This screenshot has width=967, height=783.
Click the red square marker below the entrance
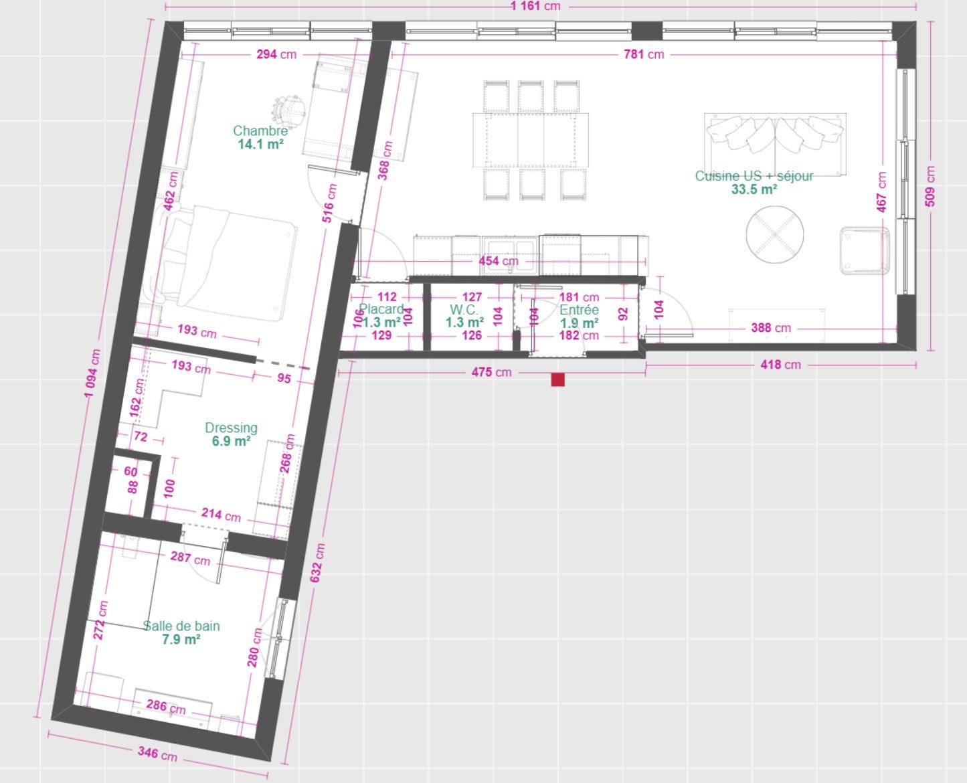pos(557,379)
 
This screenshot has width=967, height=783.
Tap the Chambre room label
pos(260,130)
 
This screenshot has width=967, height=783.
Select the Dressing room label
pos(231,428)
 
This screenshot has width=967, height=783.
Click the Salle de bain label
pos(181,626)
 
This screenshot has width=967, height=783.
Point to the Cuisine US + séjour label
pos(754,175)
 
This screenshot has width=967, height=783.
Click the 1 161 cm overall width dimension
pos(535,6)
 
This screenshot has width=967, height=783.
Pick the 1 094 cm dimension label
pos(92,373)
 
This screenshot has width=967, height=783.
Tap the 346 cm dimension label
pos(157,754)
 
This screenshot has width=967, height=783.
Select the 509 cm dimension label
pos(930,186)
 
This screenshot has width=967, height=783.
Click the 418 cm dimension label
pos(780,365)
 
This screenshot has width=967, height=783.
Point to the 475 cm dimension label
pos(491,372)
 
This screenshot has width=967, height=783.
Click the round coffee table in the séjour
pos(774,234)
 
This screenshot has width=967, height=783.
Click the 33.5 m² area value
pos(754,189)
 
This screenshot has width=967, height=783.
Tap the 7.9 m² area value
pos(181,639)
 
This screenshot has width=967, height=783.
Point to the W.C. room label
pos(464,310)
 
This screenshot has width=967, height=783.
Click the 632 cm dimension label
pos(317,563)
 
